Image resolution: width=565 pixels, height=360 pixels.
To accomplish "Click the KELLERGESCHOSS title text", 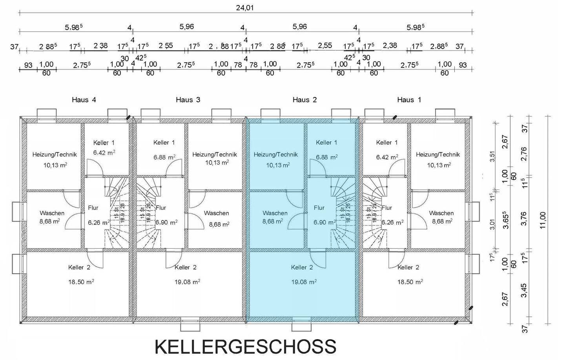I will point(245,347).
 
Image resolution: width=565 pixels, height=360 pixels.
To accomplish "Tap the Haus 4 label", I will point(84,100).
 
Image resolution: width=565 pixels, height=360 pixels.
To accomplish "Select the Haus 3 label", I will point(188,100).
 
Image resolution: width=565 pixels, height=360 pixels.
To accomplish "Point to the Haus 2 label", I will point(304,100).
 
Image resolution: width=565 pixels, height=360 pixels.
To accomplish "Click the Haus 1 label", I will point(409,100).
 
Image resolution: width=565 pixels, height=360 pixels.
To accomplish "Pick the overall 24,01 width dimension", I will point(245,7).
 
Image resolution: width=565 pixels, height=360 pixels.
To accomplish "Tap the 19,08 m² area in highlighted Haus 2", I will point(304,282).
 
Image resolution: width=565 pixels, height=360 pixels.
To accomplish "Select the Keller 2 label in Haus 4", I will point(79,267).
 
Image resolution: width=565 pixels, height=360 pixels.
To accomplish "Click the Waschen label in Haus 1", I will point(441,213).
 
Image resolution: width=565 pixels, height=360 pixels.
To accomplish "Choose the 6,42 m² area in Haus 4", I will point(104,153).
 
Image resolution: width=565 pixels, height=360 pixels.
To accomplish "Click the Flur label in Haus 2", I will point(319,208).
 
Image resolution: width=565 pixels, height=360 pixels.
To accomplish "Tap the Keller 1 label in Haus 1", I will point(386,143).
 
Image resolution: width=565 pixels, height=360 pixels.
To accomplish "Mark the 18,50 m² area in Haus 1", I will point(411,282).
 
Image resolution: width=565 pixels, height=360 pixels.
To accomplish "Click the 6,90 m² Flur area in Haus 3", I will point(166,222).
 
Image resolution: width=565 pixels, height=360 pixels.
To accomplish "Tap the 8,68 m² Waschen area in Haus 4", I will point(49,221).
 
